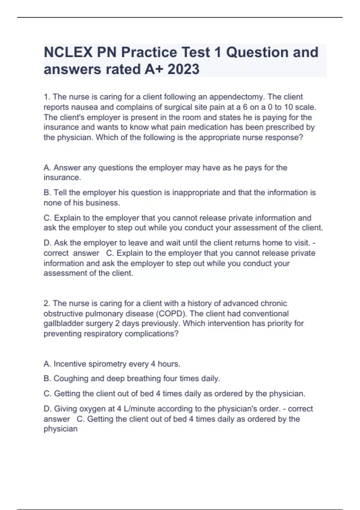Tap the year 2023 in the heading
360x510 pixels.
(183, 69)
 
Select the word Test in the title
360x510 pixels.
(196, 52)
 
